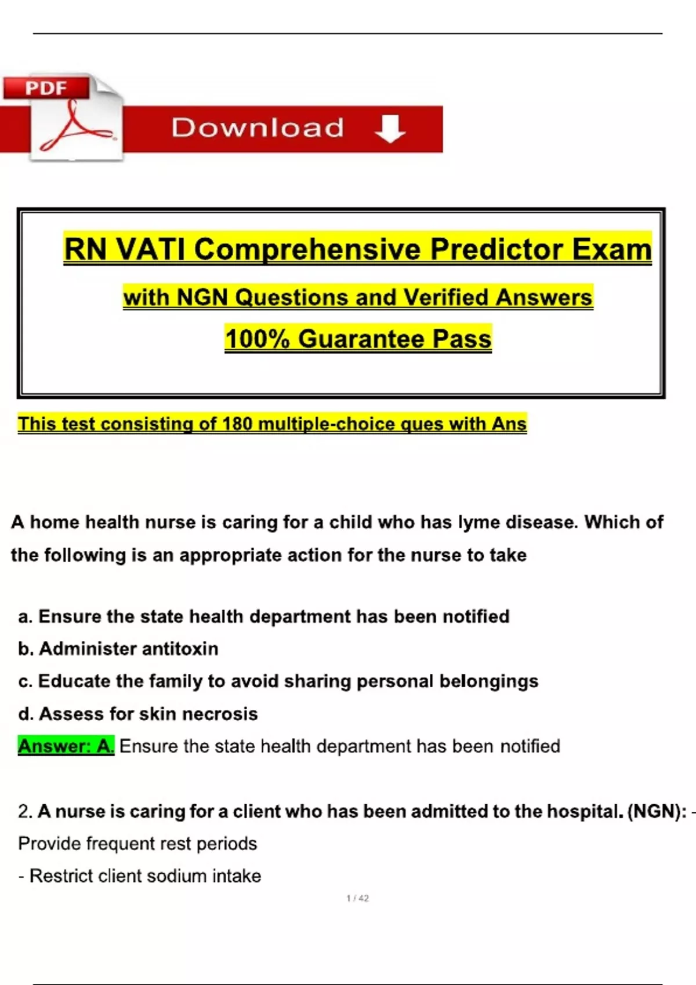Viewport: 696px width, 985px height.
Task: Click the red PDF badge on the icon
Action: point(46,88)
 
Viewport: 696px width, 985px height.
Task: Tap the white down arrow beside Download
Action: point(390,128)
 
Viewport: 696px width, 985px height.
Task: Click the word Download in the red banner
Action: point(258,128)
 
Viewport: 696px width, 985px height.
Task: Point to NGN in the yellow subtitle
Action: point(202,298)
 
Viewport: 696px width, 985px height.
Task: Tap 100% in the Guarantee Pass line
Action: point(257,339)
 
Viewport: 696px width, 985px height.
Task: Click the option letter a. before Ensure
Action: point(25,616)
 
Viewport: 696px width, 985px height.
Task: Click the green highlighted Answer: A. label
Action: point(66,746)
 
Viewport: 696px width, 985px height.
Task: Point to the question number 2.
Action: point(25,812)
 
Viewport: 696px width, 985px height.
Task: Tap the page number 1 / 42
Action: point(357,899)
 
